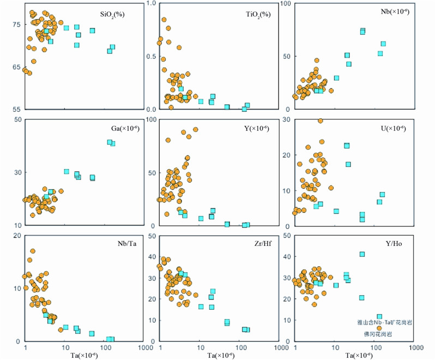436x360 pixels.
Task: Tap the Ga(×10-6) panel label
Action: coord(117,129)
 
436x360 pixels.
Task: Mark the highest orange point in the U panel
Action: coord(320,121)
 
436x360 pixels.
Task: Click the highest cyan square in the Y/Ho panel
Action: coord(362,254)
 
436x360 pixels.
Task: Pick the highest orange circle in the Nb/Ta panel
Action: coord(33,251)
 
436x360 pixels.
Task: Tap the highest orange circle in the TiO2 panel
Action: coord(163,20)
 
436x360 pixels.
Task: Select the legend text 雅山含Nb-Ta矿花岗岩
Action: coord(381,322)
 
